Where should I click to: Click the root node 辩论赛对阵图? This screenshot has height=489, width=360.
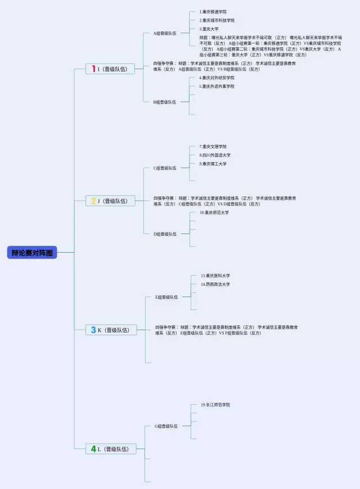click(x=32, y=253)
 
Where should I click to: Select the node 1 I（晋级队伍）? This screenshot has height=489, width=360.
click(x=110, y=69)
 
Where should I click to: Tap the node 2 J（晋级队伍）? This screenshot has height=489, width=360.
click(x=110, y=200)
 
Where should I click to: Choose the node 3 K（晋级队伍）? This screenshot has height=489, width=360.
click(x=110, y=330)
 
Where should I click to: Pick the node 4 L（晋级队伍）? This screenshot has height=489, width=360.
click(x=110, y=448)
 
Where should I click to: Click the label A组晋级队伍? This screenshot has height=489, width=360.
click(x=165, y=33)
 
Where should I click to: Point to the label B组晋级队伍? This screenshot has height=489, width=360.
click(x=165, y=102)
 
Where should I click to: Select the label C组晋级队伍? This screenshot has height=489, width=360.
click(x=165, y=168)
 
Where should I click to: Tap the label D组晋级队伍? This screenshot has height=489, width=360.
click(x=165, y=234)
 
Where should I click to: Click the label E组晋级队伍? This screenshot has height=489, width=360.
click(x=166, y=297)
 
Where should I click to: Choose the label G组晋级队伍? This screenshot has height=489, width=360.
click(x=166, y=426)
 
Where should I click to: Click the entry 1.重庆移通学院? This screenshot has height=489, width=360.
click(x=213, y=12)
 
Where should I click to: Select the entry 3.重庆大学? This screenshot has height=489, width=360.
click(x=209, y=29)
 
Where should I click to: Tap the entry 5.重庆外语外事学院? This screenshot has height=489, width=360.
click(x=217, y=86)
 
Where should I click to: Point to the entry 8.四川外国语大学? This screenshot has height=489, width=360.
click(x=215, y=155)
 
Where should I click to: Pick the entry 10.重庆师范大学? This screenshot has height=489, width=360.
click(x=214, y=212)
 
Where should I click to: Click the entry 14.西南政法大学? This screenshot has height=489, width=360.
click(x=215, y=284)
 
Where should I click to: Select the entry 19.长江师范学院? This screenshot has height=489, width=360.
click(x=215, y=405)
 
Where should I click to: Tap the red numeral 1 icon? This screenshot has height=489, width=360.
click(x=93, y=69)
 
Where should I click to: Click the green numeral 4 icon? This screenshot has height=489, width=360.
click(x=93, y=448)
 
